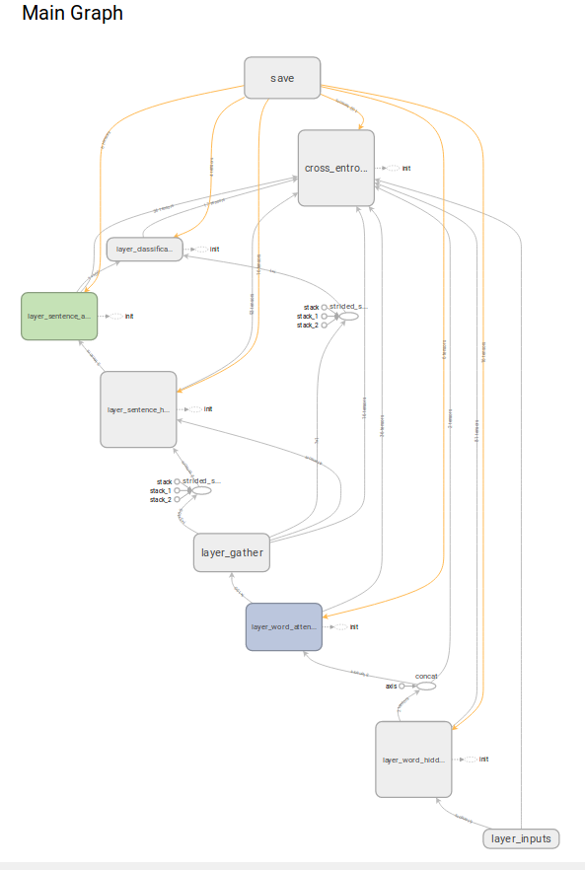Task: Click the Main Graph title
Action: point(72,14)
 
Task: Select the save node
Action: point(282,78)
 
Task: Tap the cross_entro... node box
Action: point(335,168)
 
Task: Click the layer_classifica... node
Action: point(144,249)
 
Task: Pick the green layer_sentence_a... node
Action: point(59,316)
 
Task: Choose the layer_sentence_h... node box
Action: point(138,408)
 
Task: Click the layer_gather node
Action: point(232,553)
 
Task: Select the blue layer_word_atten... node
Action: point(283,626)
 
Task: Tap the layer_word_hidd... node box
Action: point(413,760)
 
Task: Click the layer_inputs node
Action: point(521,838)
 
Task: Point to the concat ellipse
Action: point(425,686)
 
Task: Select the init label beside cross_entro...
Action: point(405,169)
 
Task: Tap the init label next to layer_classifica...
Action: point(214,250)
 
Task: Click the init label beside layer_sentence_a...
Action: point(128,317)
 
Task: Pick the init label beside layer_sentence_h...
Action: point(207,409)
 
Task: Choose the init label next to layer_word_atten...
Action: point(352,627)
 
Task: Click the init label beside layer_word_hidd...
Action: point(483,760)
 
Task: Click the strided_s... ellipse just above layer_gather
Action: point(200,489)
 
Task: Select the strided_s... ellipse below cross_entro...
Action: point(348,316)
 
